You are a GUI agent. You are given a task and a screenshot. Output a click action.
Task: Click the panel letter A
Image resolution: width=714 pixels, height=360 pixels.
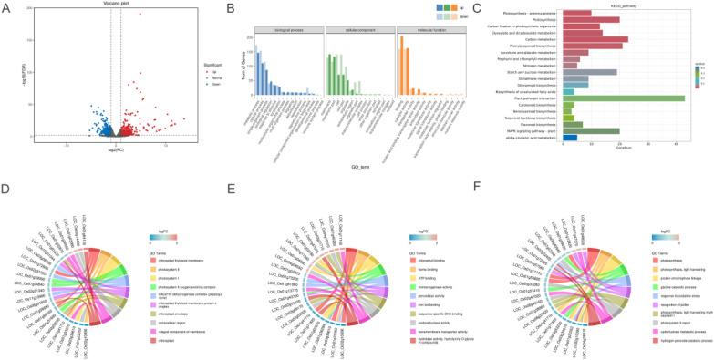(6, 7)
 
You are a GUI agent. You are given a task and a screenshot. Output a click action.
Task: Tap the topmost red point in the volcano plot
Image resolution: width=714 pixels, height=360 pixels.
(140, 15)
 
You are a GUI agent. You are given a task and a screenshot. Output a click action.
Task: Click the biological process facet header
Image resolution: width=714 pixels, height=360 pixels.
(285, 28)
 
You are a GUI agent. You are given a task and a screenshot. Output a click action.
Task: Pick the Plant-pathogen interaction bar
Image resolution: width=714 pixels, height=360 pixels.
(623, 98)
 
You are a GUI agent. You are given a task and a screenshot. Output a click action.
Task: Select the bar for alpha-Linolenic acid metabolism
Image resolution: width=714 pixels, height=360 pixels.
(570, 137)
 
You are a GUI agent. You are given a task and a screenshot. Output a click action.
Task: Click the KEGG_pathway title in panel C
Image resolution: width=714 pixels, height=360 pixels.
(618, 5)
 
